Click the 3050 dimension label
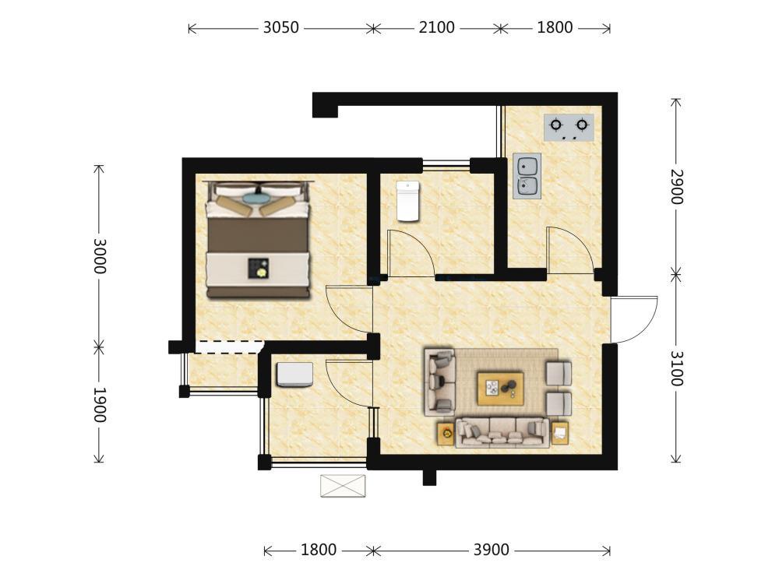point(280,27)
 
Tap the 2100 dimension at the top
point(436,27)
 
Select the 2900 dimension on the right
point(676,187)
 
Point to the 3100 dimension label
point(676,368)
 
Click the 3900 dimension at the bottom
point(491,550)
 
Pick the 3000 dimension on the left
point(100,255)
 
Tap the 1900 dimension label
point(100,405)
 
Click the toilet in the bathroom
point(408,201)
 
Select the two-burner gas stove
point(569,127)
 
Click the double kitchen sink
point(527,176)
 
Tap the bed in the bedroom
point(258,240)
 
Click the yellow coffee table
point(500,389)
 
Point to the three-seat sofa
point(502,432)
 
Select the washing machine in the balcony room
point(294,375)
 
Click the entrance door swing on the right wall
point(634,320)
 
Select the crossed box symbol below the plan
point(343,486)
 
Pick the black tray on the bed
point(259,268)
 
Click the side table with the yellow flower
point(446,434)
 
